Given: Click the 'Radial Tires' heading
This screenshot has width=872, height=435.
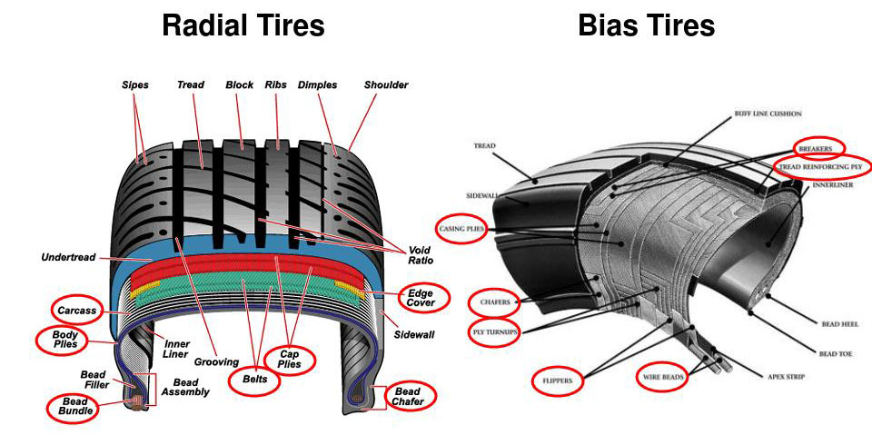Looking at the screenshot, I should pos(243,25).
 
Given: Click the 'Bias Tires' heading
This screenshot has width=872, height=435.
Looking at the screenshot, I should pos(646,25).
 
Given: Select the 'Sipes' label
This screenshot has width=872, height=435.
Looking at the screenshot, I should pos(134,85).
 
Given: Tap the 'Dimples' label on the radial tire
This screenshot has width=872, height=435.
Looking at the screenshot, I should pos(318,85).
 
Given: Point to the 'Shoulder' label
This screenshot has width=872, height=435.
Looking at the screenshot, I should pos(386,85).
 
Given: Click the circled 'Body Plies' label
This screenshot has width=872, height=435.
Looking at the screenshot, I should pos(63,340).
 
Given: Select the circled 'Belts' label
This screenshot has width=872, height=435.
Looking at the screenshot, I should pos(254,378).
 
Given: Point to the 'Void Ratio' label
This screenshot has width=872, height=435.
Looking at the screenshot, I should pos(420,255).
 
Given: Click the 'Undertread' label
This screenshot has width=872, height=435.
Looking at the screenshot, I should pos(68,258).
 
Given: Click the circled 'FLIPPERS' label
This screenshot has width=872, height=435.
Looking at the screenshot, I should pos(557,381).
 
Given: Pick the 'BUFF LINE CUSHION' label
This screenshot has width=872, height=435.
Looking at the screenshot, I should pos(768,114).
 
